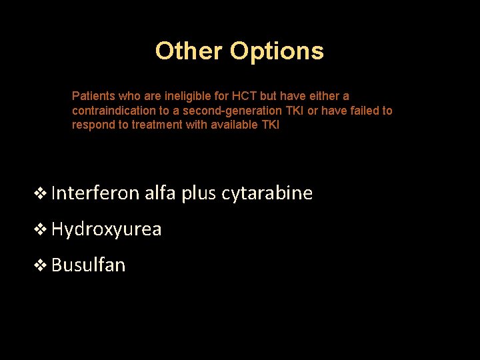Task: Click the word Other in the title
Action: (x=189, y=51)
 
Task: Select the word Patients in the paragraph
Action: (x=93, y=96)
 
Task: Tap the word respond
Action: (x=92, y=125)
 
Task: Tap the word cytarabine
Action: (x=267, y=193)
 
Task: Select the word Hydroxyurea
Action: (x=106, y=229)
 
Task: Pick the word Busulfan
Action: (x=88, y=265)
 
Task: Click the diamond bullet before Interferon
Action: (x=41, y=194)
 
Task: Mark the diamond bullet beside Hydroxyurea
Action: (x=41, y=230)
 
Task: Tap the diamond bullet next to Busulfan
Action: (x=41, y=266)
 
